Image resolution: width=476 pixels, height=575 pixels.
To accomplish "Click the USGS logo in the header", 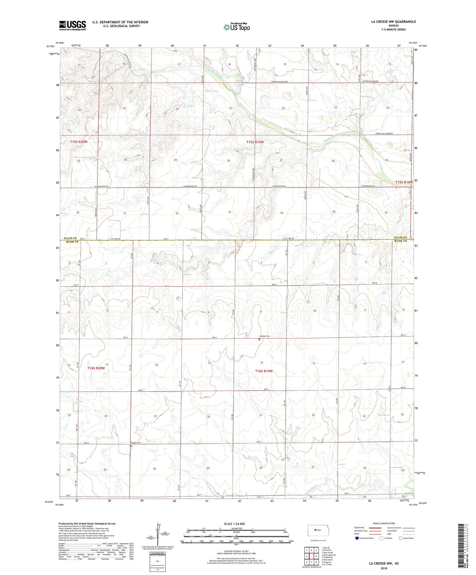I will click(x=72, y=25).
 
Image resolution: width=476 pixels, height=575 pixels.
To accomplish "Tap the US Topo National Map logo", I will click(x=236, y=27).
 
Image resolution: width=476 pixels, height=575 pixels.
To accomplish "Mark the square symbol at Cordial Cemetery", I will click(x=259, y=339).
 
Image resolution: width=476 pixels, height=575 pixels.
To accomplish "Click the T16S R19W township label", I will click(x=264, y=371).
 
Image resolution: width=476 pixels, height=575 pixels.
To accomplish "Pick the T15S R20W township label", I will click(x=79, y=142).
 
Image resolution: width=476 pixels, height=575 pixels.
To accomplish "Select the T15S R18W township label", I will click(x=404, y=182).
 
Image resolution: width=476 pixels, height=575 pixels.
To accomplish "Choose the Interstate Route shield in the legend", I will click(x=357, y=538).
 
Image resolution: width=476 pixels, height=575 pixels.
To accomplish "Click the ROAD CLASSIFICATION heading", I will click(x=384, y=523).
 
